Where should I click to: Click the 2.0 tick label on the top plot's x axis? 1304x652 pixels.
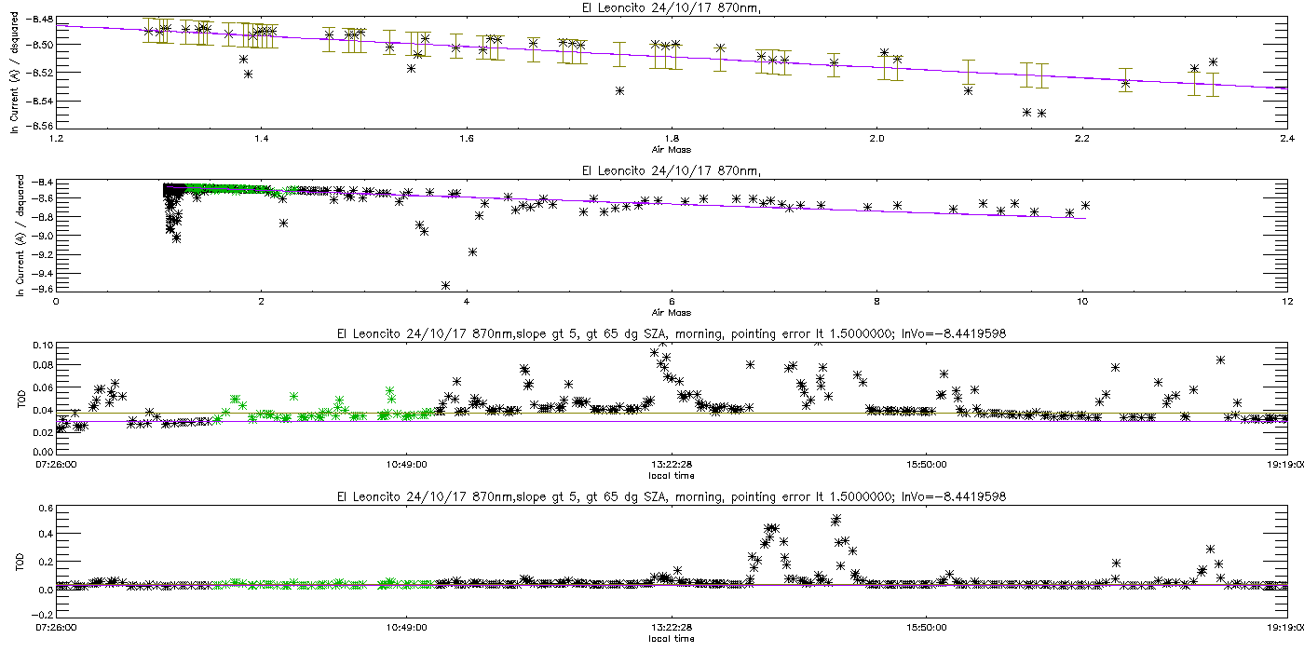(x=876, y=138)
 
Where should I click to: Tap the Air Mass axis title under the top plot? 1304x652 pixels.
(x=672, y=150)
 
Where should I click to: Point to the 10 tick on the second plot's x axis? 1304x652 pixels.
(x=1081, y=301)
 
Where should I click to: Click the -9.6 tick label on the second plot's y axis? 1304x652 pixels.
(x=43, y=289)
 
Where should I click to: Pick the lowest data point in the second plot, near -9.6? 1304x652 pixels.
(x=445, y=285)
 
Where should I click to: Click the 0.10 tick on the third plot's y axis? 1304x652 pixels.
(x=43, y=346)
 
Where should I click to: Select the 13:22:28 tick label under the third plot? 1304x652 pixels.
(x=672, y=464)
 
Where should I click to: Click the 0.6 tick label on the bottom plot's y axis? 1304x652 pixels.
(x=46, y=509)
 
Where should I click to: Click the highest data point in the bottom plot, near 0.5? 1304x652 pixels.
(x=836, y=519)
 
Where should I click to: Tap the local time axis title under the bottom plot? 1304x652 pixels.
(x=672, y=639)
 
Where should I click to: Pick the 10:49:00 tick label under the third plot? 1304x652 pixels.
(x=406, y=464)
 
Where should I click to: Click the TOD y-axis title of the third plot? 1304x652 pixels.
(x=20, y=399)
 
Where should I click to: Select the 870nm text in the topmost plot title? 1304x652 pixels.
(x=738, y=7)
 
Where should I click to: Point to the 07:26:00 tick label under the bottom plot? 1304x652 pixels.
(x=56, y=627)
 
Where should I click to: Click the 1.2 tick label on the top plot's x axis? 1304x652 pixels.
(x=56, y=138)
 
